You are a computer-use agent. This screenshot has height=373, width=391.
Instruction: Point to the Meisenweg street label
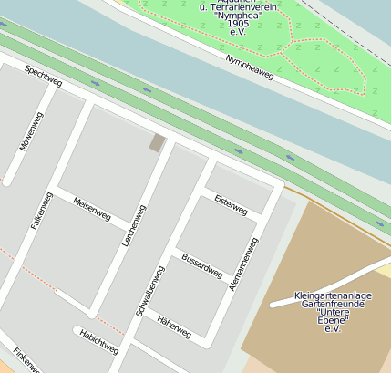coord(91,209)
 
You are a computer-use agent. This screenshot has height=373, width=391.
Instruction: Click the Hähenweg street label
coord(173,326)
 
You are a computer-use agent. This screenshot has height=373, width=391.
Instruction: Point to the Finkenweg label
coord(27,359)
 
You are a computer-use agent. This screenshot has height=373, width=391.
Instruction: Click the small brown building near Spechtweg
coord(158,142)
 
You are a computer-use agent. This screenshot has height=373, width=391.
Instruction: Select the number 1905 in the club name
coord(238,23)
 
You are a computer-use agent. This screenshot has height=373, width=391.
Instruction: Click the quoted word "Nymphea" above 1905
coord(238,15)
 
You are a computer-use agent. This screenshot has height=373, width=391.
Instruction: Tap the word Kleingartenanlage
coord(332,295)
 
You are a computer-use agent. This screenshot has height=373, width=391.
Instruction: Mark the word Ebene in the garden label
coord(332,320)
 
